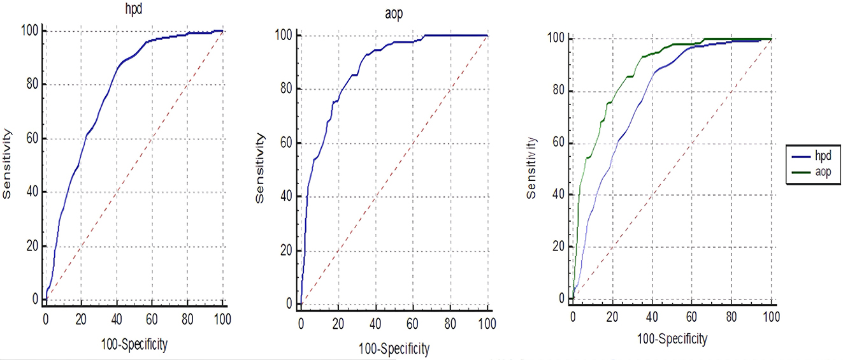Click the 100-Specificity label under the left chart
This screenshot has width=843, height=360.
pos(134,345)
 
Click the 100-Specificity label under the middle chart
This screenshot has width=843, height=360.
pos(394,349)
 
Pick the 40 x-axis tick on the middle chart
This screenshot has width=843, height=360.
pos(375,323)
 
